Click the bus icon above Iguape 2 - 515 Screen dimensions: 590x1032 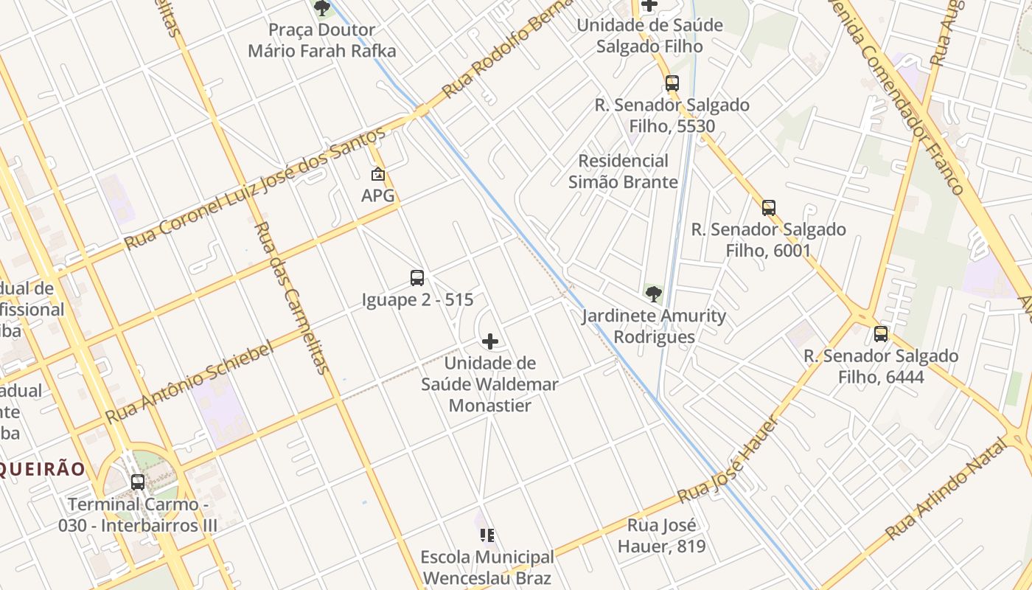[417, 278]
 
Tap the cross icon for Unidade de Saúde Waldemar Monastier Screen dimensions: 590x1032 [489, 341]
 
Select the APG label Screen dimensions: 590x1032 [378, 195]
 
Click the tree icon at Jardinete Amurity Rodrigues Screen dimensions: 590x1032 [653, 294]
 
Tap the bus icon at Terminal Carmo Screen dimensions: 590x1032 [138, 482]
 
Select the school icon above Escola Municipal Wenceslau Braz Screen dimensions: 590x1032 [487, 535]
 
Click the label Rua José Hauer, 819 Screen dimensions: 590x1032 [661, 536]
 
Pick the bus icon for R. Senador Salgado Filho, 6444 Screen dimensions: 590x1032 [880, 334]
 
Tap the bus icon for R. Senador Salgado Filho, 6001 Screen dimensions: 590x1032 [769, 208]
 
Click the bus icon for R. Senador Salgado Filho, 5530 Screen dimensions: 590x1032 [672, 83]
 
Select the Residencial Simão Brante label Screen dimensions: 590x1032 [623, 171]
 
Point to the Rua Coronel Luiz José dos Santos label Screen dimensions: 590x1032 [254, 188]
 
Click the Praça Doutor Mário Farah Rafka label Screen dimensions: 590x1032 [322, 41]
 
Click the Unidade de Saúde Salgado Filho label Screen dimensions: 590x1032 [649, 35]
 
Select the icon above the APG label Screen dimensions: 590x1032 [378, 175]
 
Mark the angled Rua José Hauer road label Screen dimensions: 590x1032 [728, 461]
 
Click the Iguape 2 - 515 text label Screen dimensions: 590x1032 [417, 300]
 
